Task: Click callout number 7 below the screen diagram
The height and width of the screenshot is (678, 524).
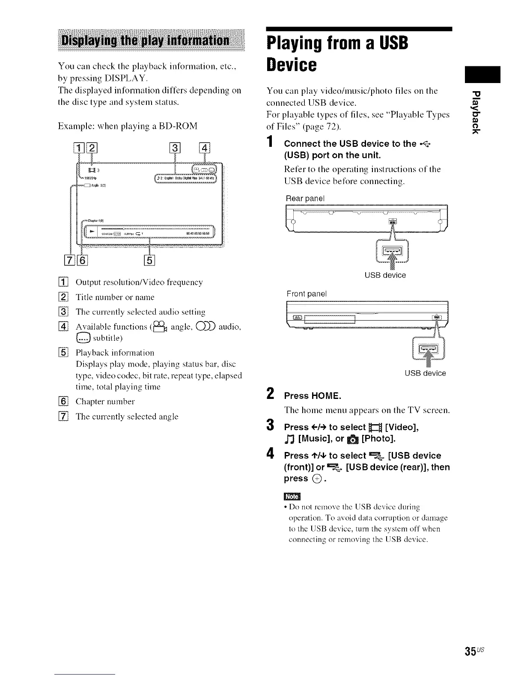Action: click(x=70, y=260)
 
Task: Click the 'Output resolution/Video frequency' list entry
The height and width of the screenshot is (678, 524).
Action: click(x=139, y=282)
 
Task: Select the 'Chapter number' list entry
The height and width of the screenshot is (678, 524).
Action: click(x=105, y=401)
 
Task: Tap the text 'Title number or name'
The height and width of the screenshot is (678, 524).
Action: click(x=115, y=297)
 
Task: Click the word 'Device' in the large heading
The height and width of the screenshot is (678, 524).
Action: click(x=292, y=65)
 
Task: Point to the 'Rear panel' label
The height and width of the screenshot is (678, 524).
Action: click(x=305, y=199)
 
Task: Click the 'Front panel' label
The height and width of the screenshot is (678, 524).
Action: click(x=307, y=294)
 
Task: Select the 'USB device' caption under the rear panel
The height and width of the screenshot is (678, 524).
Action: click(x=385, y=275)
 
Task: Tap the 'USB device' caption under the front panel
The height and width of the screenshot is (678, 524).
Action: click(x=425, y=373)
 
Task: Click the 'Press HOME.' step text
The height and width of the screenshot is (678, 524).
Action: click(x=313, y=395)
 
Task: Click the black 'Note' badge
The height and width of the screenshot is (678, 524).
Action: click(x=292, y=497)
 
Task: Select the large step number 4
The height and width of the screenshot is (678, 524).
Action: click(x=270, y=454)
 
